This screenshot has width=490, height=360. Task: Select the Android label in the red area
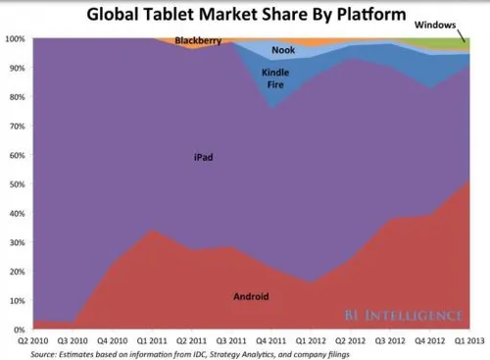click(x=252, y=295)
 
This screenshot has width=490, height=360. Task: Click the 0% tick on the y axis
click(x=19, y=330)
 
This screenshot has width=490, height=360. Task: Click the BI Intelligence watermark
click(x=404, y=315)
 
